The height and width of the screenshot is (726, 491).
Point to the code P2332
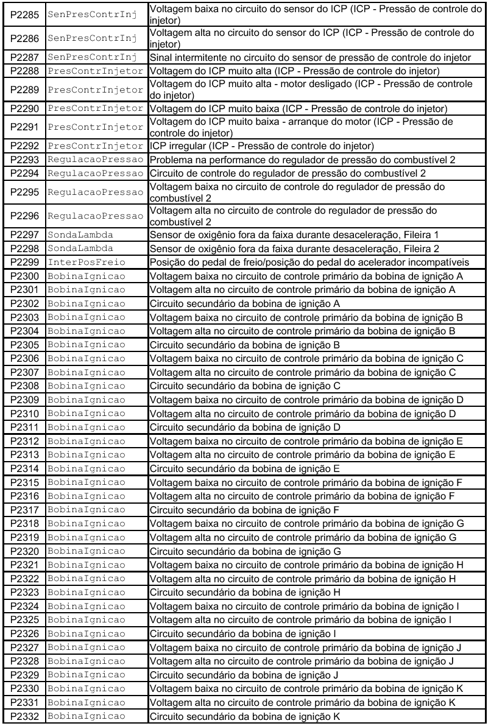pyautogui.click(x=23, y=717)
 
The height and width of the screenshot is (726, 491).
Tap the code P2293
pyautogui.click(x=23, y=160)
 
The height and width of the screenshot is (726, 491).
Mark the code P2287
pyautogui.click(x=23, y=57)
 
